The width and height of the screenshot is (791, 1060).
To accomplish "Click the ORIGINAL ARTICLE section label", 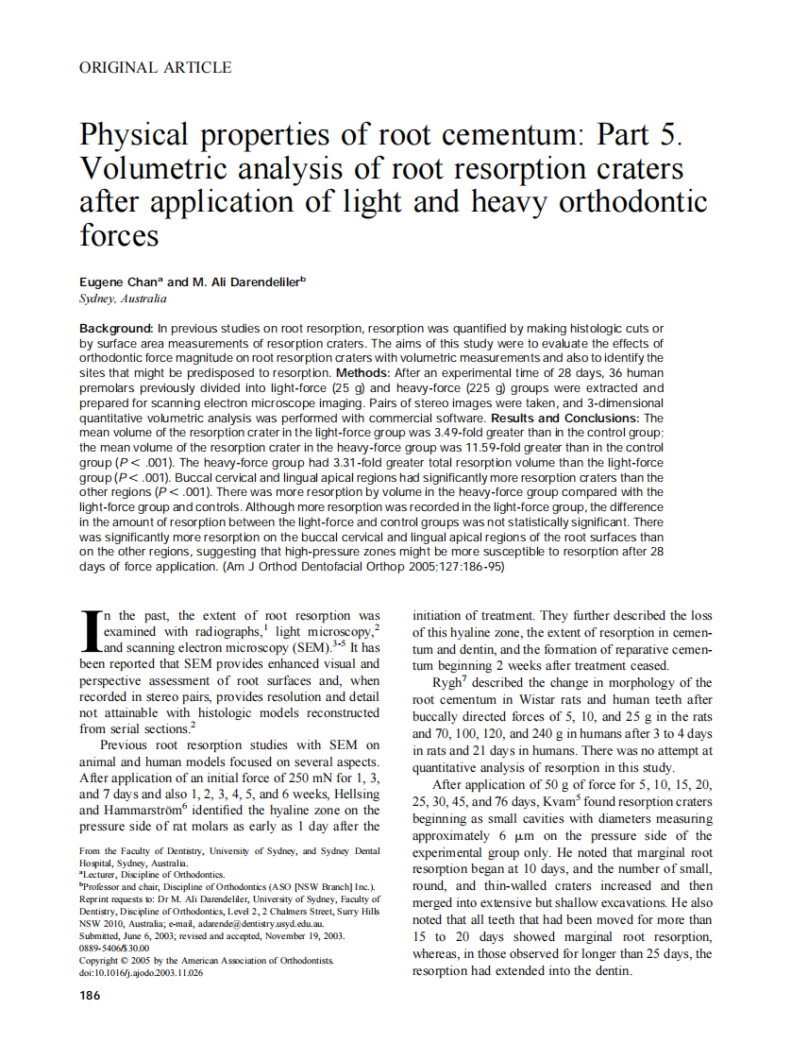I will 156,67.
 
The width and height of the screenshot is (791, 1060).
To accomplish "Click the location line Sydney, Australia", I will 123,299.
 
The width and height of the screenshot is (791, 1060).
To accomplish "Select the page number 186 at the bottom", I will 91,995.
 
